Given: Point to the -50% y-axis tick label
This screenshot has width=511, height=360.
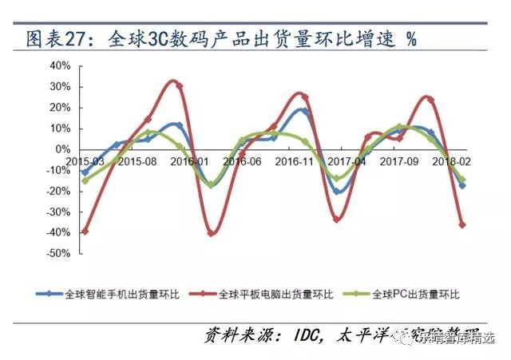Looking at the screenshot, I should click(58, 253).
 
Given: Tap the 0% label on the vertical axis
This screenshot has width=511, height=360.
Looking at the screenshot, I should click(64, 148).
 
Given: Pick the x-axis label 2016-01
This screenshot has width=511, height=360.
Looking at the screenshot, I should click(189, 160).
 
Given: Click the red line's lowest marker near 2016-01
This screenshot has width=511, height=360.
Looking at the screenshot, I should click(211, 232).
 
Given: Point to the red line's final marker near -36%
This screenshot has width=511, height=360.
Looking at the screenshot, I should click(461, 224).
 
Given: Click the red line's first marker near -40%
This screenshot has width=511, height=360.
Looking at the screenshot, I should click(85, 231).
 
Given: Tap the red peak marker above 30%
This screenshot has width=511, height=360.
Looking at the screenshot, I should click(178, 85).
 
